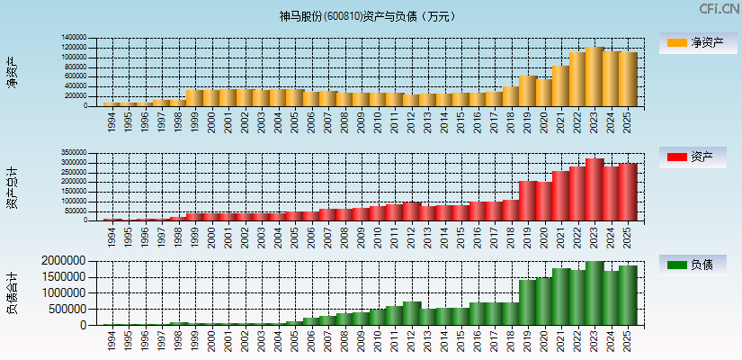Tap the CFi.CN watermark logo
pos(720,9)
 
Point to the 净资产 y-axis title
pos(12,72)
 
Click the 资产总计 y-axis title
pos(12,187)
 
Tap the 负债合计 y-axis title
pos(12,292)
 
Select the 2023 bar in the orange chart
pos(594,76)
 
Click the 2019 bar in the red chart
pos(528,201)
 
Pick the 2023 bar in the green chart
pos(594,293)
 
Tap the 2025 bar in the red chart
pos(627,192)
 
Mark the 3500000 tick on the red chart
pos(74,154)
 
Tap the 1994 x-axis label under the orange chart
pos(112,121)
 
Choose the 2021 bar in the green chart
pos(561,297)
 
